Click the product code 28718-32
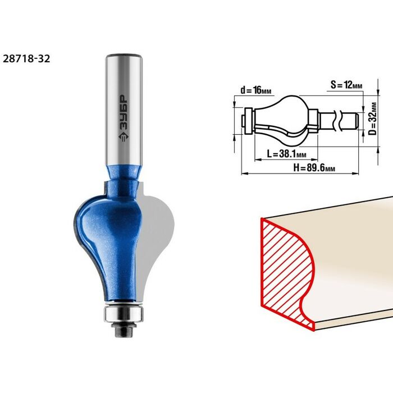26,59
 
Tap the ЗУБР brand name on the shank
123,113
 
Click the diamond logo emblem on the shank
123,137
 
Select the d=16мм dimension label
255,90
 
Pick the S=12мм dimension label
346,85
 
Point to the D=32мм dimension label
373,118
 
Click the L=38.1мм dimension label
286,154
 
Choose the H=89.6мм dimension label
314,168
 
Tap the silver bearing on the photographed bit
124,314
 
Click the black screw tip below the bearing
124,330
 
